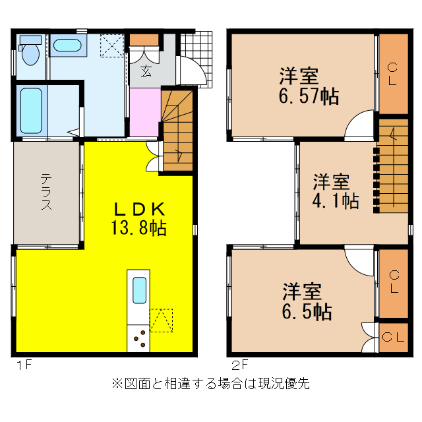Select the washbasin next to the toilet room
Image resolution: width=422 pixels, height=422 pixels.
(x=66, y=46)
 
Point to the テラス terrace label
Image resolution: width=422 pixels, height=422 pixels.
(x=47, y=192)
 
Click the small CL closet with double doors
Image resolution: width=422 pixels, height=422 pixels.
(x=394, y=338)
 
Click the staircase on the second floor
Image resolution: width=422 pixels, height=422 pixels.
(x=393, y=164)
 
